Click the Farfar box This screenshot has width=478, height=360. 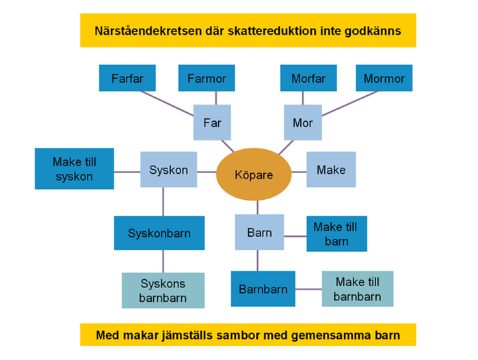click(x=127, y=78)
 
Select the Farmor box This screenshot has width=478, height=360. click(x=207, y=78)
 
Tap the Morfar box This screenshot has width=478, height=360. click(x=308, y=78)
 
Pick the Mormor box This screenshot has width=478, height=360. click(x=384, y=78)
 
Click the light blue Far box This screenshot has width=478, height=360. click(x=212, y=123)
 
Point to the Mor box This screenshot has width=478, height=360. click(x=303, y=123)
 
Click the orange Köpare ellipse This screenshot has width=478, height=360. click(x=254, y=175)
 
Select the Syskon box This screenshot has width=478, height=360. click(x=169, y=170)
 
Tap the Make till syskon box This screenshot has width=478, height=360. click(x=75, y=169)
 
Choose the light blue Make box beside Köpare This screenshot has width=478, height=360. click(x=331, y=170)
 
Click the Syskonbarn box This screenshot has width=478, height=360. click(x=159, y=233)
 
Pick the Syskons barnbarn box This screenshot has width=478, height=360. click(x=163, y=290)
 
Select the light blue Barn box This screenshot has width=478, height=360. click(x=259, y=232)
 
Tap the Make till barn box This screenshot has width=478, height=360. click(x=337, y=234)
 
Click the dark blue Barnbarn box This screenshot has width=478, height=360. click(x=263, y=289)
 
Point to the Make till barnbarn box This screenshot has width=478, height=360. click(x=358, y=289)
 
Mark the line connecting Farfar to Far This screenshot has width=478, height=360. click(x=167, y=104)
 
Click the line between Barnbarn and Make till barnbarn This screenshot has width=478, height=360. click(x=308, y=290)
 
